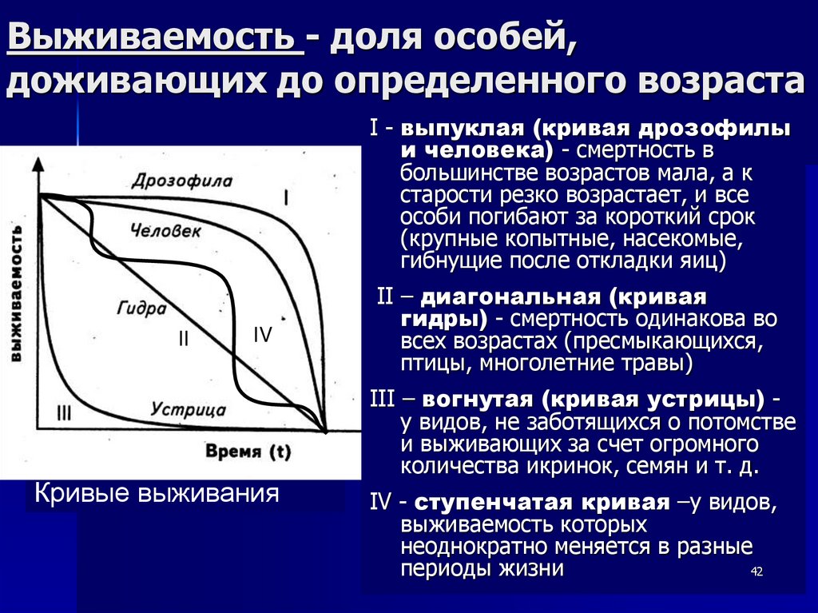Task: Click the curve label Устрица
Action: tap(189, 410)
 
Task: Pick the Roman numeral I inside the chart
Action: tap(287, 197)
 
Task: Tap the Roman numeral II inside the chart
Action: tap(183, 339)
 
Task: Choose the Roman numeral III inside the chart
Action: tap(65, 412)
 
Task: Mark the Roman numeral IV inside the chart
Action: tap(263, 335)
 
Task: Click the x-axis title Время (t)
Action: tap(248, 452)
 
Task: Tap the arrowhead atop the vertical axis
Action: tap(37, 164)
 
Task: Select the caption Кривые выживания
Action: tap(156, 492)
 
